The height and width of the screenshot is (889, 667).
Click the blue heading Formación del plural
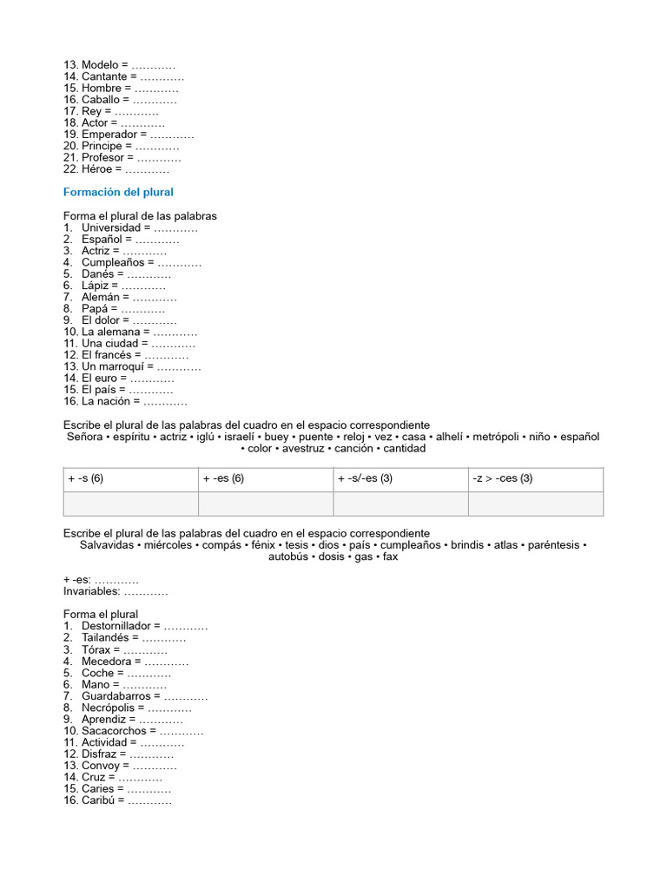click(118, 192)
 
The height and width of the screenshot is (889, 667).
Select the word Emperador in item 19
click(109, 135)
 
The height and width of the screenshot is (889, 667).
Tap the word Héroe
click(97, 169)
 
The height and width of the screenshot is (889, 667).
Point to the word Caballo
click(101, 100)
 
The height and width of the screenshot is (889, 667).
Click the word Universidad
click(111, 227)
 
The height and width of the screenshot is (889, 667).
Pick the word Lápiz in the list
click(96, 286)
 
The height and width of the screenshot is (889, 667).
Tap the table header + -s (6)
click(85, 478)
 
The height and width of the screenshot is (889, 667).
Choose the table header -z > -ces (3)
click(503, 478)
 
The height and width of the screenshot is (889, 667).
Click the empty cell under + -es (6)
click(266, 504)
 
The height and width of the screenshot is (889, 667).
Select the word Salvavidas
click(107, 545)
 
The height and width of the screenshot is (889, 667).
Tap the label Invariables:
click(90, 591)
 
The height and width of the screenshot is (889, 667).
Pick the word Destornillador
click(120, 626)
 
